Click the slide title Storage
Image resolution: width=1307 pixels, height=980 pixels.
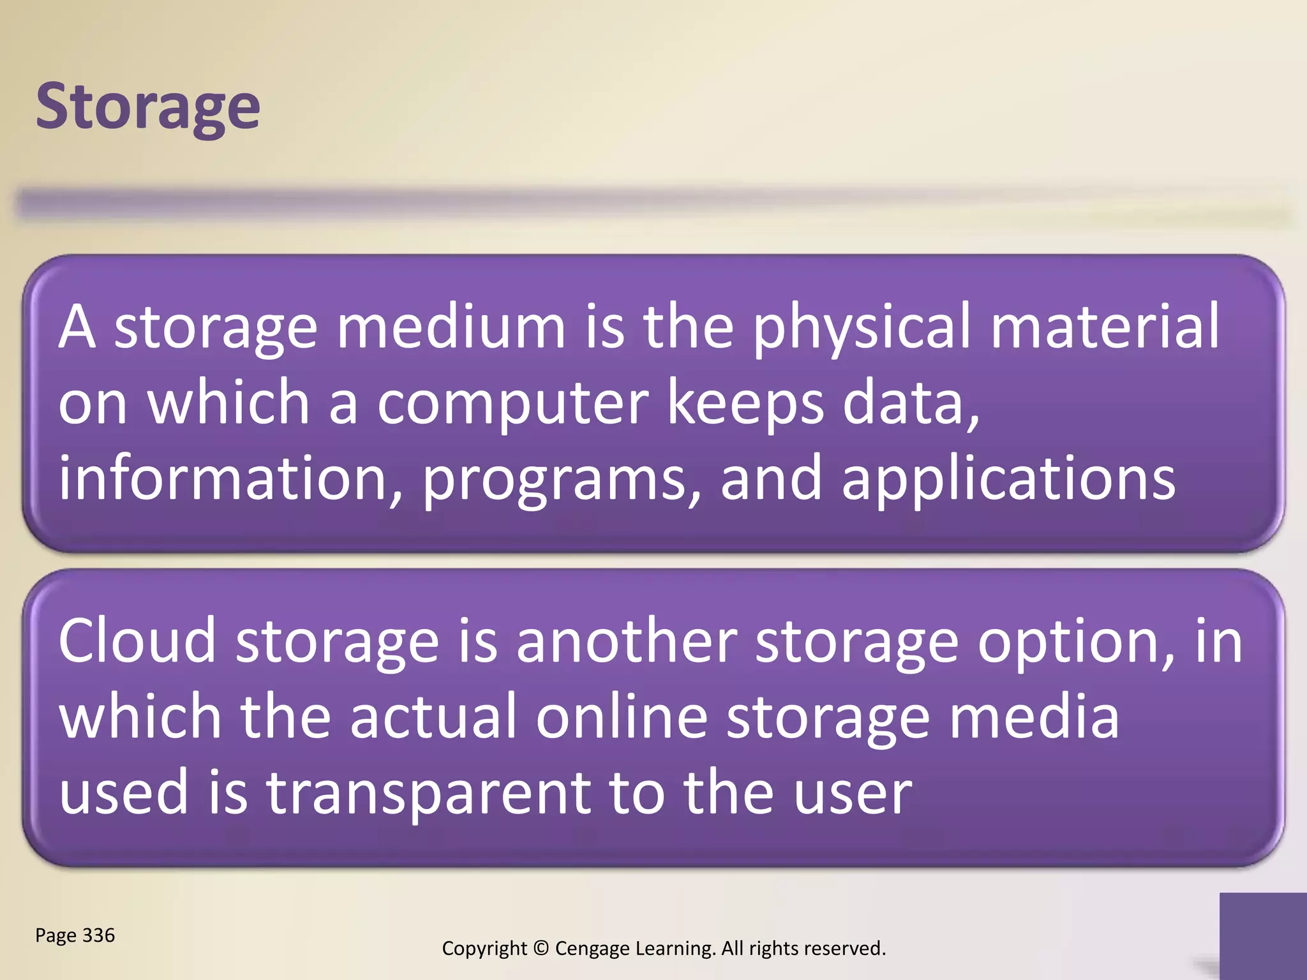coord(147,107)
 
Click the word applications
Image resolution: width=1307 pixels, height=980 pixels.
coord(1008,480)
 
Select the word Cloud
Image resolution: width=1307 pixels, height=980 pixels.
coord(137,641)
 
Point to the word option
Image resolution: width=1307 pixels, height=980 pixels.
coord(1076,642)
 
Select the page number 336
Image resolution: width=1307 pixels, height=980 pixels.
coord(98,935)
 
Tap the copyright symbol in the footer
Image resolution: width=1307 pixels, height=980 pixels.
coord(541,948)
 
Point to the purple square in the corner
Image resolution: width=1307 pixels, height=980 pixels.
coord(1263,935)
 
